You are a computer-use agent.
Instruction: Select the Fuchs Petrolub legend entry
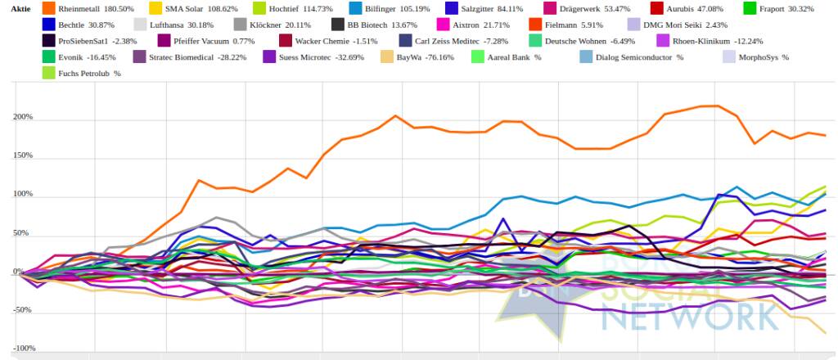click(89, 74)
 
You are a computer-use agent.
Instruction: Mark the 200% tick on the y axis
click(22, 117)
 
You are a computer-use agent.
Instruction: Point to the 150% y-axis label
click(22, 155)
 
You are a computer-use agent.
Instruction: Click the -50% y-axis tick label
click(22, 310)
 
